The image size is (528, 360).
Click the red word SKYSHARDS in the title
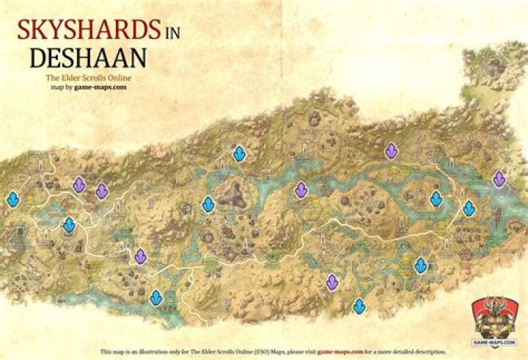click(88, 31)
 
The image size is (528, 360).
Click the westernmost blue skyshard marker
click(12, 199)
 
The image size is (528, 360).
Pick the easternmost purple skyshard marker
click(499, 178)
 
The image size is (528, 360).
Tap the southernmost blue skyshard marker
click(359, 306)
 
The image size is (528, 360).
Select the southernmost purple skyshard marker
click(331, 282)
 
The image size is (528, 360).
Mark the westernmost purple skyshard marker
click(78, 185)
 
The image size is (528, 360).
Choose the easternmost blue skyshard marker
click(469, 208)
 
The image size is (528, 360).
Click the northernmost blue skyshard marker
click(239, 154)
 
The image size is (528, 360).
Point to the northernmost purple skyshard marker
click(391, 151)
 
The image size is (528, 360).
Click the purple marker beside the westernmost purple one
click(102, 191)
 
